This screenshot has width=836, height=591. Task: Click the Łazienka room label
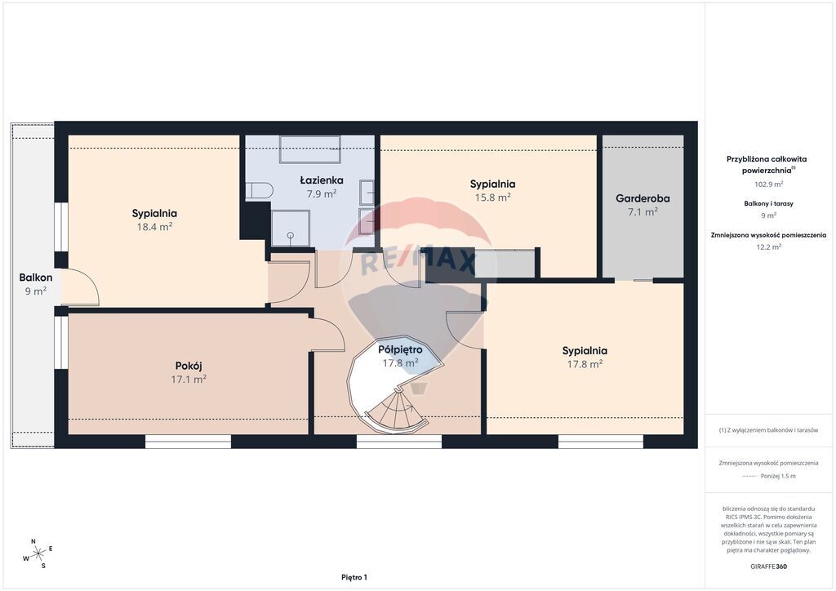[322, 180]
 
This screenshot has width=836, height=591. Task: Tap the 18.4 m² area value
[154, 226]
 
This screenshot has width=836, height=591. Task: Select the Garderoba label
[643, 198]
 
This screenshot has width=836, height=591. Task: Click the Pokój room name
[189, 367]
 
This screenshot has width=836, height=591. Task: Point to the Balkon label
[36, 277]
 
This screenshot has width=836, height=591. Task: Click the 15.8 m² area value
[492, 198]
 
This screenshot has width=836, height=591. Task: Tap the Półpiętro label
[400, 349]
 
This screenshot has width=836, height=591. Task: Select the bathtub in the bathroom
[310, 149]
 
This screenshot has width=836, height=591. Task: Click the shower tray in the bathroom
[291, 228]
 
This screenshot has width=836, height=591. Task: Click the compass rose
[38, 554]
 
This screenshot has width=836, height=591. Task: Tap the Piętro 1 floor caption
[354, 577]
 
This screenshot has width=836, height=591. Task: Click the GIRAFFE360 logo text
[768, 567]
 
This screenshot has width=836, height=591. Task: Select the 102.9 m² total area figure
[768, 184]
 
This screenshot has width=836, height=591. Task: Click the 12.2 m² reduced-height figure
[768, 247]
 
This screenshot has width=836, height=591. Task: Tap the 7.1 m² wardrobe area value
[643, 211]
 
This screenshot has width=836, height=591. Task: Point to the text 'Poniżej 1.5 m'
[778, 476]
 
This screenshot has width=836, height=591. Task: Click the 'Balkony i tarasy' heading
[768, 203]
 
